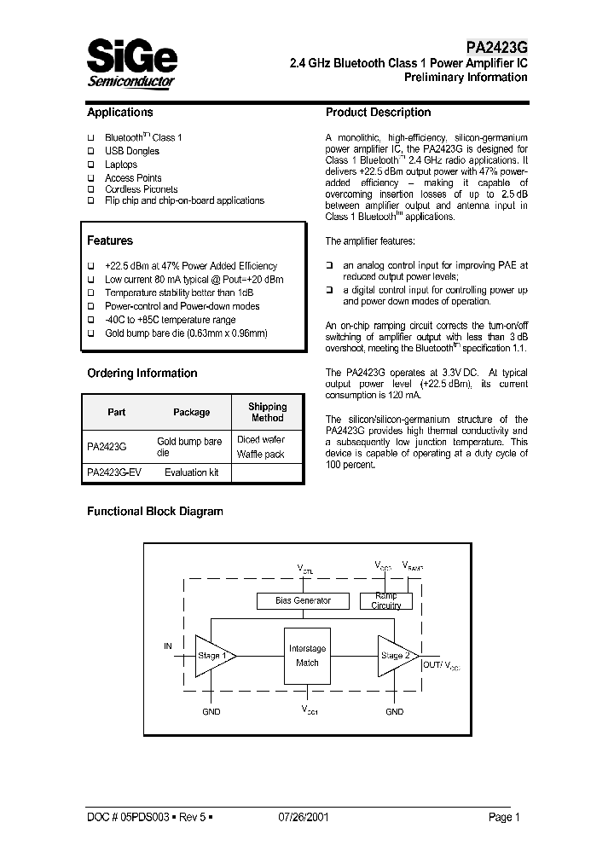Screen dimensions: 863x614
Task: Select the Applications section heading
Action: point(120,113)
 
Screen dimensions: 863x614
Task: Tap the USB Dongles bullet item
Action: point(131,151)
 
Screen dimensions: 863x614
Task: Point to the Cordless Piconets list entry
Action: point(141,188)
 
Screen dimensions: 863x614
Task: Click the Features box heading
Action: point(110,241)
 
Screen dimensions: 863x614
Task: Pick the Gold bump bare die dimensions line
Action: point(186,333)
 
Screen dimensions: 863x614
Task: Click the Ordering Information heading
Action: point(142,374)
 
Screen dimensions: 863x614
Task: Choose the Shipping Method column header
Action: point(267,412)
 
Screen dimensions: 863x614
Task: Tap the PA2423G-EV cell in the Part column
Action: point(113,472)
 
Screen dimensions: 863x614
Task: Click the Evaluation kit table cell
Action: point(191,472)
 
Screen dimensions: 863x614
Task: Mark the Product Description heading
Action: point(378,113)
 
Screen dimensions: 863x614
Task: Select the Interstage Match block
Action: point(307,656)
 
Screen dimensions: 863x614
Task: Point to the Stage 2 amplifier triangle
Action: point(394,656)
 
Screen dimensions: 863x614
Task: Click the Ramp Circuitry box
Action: point(385,600)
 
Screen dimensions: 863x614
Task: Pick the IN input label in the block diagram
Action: point(167,646)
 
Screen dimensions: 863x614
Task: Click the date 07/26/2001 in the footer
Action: point(304,817)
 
